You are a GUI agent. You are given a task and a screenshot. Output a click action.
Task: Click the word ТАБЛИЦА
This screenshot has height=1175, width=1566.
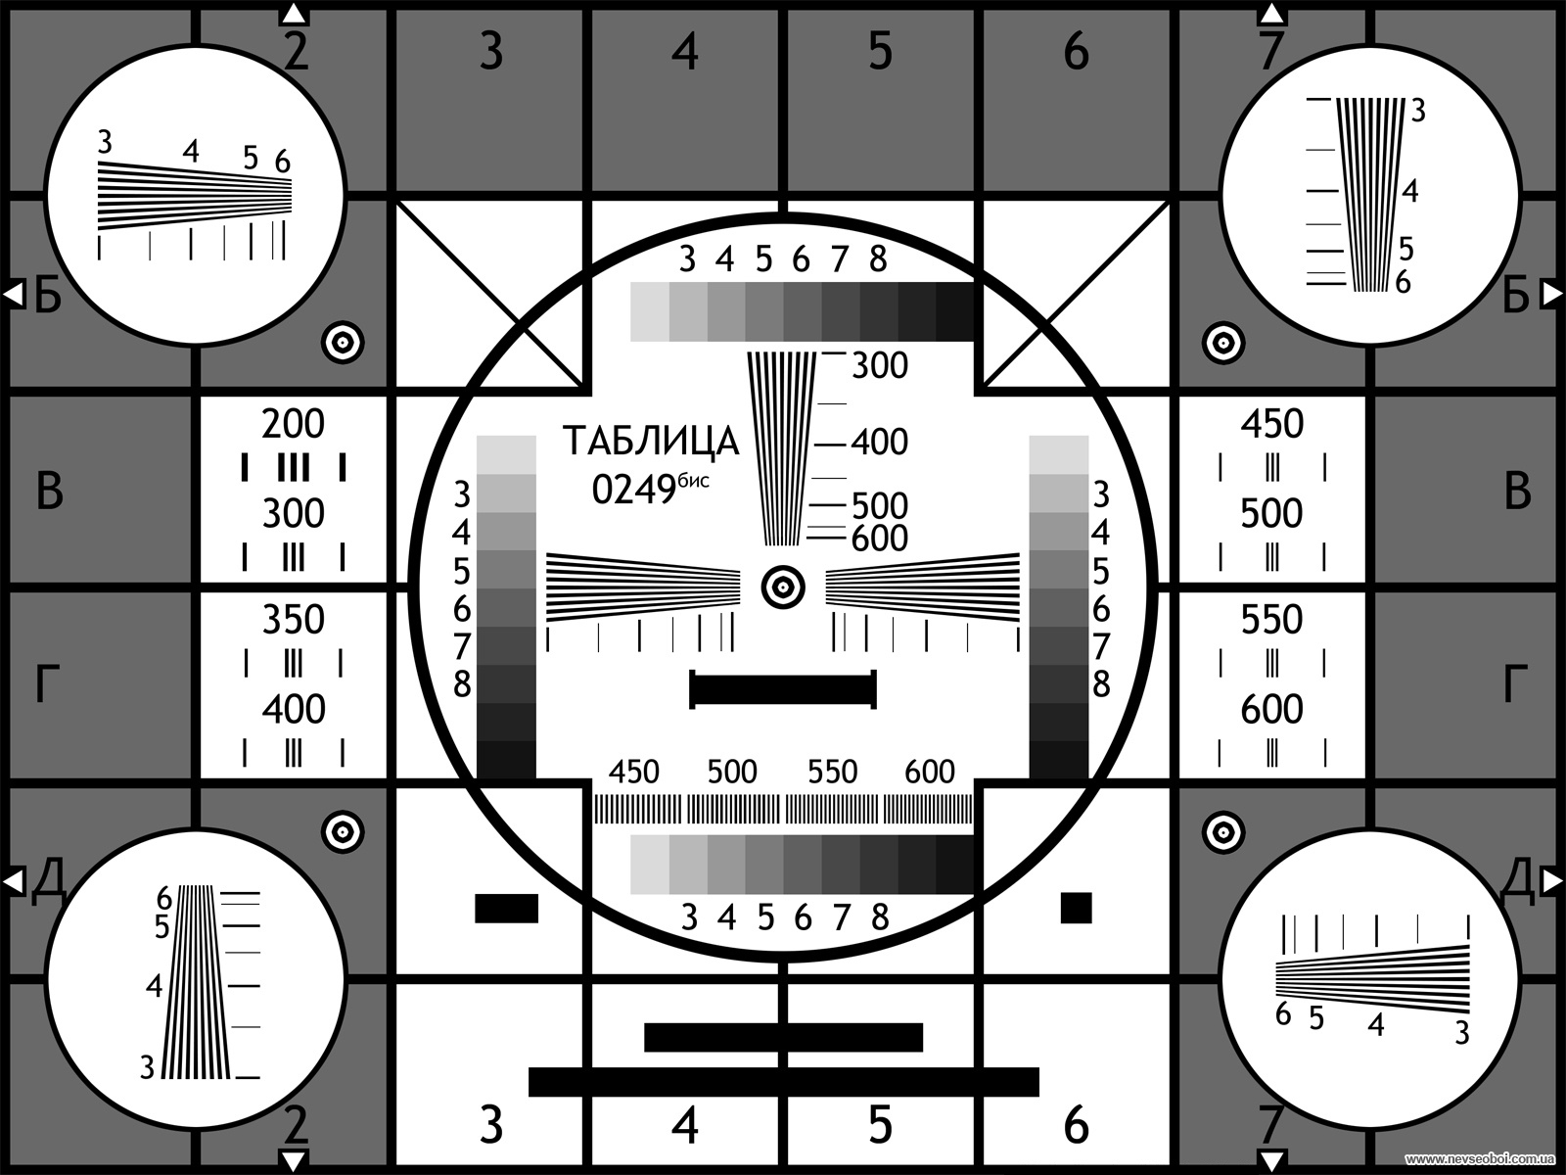651,442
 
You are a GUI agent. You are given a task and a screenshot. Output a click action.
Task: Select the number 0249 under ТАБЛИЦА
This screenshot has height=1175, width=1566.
633,491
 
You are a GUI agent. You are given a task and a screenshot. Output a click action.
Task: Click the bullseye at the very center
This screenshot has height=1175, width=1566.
783,587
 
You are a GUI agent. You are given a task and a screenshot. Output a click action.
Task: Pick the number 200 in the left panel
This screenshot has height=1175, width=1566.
293,424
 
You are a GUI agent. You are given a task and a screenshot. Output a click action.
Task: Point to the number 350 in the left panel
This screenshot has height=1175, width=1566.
293,619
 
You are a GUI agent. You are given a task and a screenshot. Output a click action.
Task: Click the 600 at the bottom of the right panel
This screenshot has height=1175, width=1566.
1271,709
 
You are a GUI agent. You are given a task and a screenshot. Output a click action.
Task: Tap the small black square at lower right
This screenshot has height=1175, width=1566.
1076,909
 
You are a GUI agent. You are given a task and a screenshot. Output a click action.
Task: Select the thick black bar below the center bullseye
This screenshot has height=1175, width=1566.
783,690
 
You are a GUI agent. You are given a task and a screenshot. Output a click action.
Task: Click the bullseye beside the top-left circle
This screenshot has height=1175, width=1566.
344,343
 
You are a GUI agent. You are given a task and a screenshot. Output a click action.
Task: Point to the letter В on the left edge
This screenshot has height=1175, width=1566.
49,492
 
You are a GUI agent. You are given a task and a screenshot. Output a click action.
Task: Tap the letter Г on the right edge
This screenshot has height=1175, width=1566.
1515,683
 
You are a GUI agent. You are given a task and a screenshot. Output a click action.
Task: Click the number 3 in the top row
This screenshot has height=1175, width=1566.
491,51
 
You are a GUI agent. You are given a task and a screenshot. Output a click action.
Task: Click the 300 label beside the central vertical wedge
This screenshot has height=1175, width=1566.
880,366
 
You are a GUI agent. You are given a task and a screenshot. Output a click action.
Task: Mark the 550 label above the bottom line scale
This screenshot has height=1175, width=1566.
832,772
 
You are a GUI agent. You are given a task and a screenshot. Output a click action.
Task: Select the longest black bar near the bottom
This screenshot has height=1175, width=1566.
783,1082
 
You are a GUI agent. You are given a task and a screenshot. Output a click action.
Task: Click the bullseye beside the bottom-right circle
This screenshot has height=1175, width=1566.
1223,832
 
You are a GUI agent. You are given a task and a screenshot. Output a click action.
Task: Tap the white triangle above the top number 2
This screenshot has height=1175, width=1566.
294,14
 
